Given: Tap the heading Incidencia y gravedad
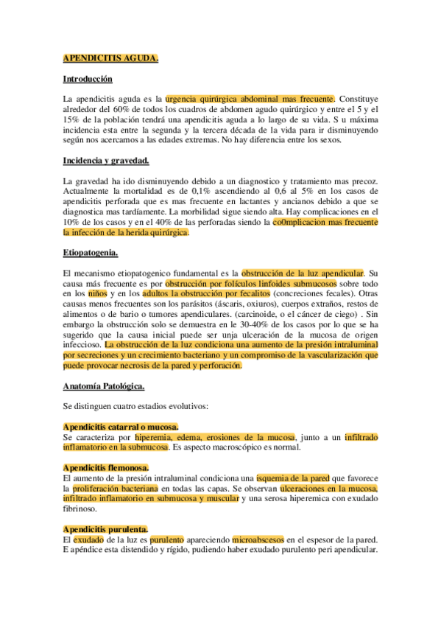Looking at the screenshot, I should (106, 161).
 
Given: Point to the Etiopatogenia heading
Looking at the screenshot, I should (91, 253).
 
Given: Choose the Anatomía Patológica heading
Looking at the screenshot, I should (104, 385).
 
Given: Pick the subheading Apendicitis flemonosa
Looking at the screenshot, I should (105, 467).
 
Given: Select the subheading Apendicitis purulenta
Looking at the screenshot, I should (105, 528).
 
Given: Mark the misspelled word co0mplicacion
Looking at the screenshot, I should (301, 222).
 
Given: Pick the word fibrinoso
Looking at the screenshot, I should (80, 509).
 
